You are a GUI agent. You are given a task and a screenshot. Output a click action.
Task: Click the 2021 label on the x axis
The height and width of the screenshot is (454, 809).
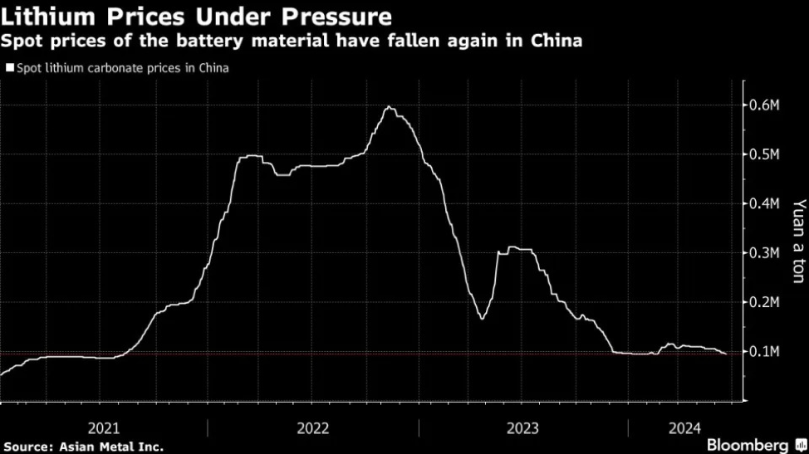tap(104, 428)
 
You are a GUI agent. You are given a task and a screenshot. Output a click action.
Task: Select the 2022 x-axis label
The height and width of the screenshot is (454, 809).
tap(313, 428)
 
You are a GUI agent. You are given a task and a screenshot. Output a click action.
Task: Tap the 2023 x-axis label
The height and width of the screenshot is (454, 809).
tap(522, 428)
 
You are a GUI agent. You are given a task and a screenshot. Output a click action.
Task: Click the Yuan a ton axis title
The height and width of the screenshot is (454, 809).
tap(798, 241)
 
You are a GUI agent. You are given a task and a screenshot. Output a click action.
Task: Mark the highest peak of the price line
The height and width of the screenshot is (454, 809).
tap(389, 107)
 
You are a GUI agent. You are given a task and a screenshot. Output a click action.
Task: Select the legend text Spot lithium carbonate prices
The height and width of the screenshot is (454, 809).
tap(122, 69)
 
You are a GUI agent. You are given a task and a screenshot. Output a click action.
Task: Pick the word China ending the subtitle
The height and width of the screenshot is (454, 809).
tap(559, 40)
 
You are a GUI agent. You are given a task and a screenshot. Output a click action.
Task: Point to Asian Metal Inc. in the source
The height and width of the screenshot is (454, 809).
tap(110, 447)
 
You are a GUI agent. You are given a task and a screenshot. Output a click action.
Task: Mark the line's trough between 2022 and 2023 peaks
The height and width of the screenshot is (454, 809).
tap(481, 318)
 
